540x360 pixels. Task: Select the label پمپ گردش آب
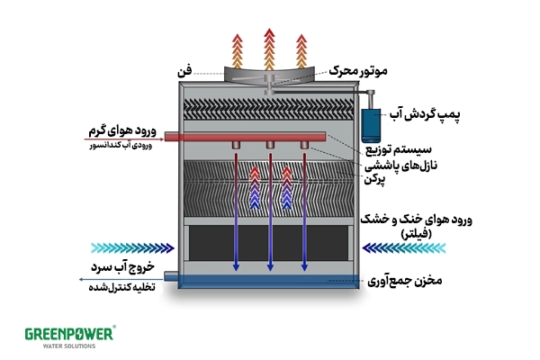pyautogui.click(x=421, y=115)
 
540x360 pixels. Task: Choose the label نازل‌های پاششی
pyautogui.click(x=397, y=166)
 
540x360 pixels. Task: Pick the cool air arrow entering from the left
pyautogui.click(x=131, y=247)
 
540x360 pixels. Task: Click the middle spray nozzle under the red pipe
pyautogui.click(x=269, y=146)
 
